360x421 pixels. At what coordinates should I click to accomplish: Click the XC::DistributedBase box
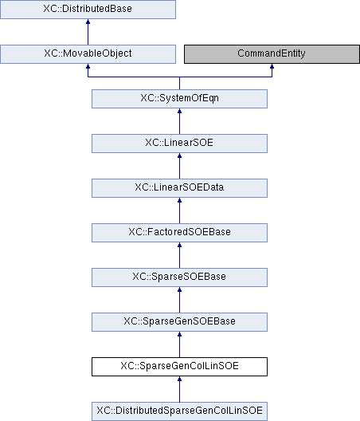click(x=88, y=10)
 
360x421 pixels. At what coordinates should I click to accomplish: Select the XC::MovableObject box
click(x=88, y=54)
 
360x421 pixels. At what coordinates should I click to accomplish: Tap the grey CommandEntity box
click(x=272, y=54)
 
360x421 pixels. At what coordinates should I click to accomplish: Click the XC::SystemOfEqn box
click(x=179, y=99)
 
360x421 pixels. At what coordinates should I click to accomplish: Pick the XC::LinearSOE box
click(x=179, y=144)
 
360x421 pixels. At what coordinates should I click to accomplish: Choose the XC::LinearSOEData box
click(x=179, y=188)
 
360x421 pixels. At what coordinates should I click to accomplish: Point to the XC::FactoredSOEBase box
click(x=179, y=233)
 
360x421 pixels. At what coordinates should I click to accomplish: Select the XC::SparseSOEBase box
click(x=179, y=277)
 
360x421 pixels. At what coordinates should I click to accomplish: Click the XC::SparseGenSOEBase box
click(x=179, y=322)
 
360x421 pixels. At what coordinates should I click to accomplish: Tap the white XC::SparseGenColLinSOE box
click(x=179, y=367)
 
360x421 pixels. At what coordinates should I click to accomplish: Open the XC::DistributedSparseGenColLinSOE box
click(x=179, y=411)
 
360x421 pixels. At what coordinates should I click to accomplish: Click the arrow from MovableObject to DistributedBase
click(x=88, y=32)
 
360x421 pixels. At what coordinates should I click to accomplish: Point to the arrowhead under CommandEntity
click(x=272, y=66)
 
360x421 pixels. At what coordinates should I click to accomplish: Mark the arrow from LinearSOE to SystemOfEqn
click(x=179, y=121)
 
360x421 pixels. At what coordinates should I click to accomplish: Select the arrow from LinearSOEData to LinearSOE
click(x=179, y=166)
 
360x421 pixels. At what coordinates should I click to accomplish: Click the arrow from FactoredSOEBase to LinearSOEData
click(x=179, y=210)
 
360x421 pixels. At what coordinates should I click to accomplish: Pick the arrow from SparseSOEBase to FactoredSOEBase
click(x=179, y=255)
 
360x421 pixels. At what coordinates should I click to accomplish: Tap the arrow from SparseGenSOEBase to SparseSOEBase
click(x=179, y=300)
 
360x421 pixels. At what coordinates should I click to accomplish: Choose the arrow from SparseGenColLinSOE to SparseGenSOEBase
click(x=179, y=344)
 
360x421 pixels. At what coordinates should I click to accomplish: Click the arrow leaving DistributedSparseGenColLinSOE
click(x=179, y=389)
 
